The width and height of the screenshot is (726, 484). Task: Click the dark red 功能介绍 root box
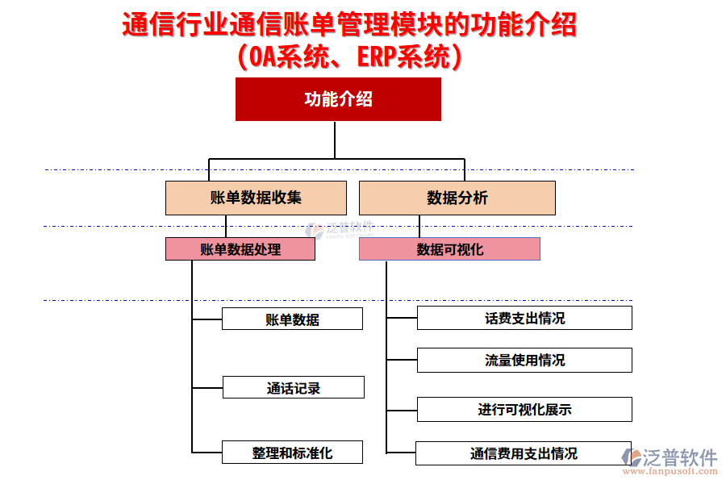338,99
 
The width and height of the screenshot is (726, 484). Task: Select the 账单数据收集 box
256,198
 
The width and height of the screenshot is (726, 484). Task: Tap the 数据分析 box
457,198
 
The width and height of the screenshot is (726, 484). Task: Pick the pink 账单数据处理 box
240,249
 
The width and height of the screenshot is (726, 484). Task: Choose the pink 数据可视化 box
449,249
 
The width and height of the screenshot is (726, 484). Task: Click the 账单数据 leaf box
292,319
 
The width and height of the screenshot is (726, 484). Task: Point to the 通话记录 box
293,388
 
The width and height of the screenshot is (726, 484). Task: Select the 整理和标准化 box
292,453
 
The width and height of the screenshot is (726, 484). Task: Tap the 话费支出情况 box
524,318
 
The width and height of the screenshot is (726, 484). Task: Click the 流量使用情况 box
524,360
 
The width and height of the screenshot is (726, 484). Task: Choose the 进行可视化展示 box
524,410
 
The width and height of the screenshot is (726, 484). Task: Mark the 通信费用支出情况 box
524,453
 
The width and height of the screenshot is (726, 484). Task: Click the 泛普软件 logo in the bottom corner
672,457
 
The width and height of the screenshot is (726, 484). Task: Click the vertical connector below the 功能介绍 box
335,140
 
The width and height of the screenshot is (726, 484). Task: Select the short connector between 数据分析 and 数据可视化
419,227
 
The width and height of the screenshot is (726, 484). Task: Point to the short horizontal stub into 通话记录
207,388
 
